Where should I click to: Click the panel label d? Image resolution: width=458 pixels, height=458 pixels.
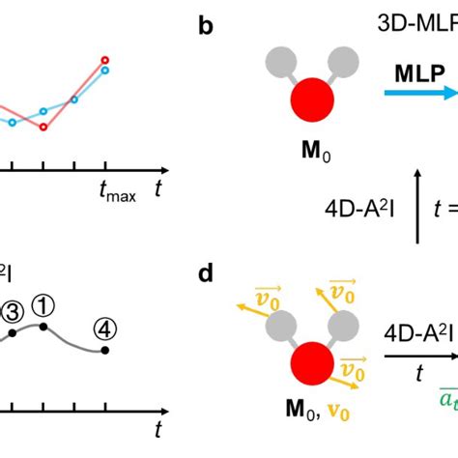tap(206, 274)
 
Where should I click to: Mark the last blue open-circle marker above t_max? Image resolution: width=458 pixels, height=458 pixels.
tap(105, 70)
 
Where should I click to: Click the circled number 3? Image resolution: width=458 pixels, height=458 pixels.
tap(12, 311)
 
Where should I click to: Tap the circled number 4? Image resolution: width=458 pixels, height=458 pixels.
tap(105, 328)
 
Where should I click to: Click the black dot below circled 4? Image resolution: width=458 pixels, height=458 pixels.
tap(105, 350)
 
